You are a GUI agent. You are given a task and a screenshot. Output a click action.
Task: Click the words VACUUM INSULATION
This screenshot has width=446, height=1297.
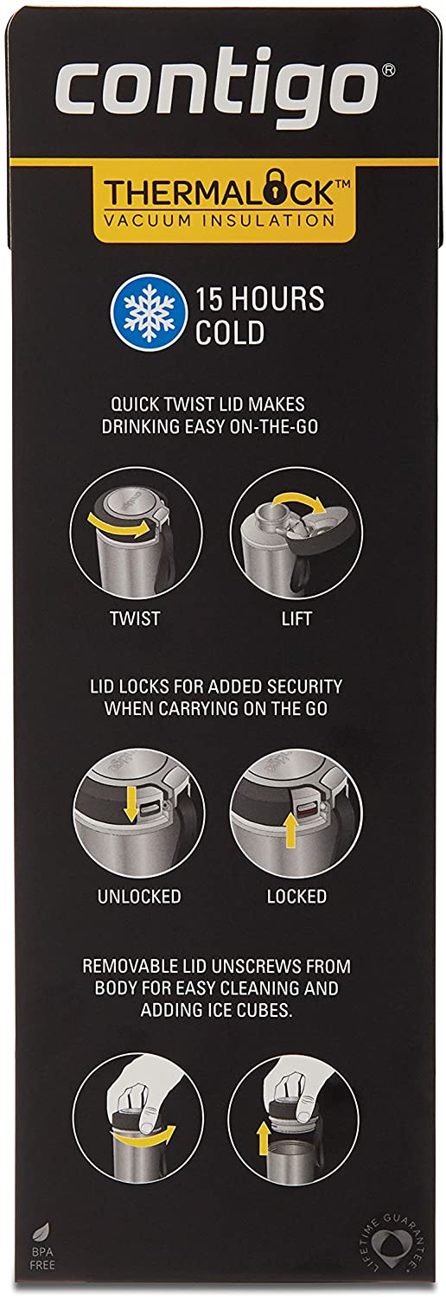[219, 220]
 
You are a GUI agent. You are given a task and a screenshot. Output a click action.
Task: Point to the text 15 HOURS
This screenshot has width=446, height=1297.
[259, 299]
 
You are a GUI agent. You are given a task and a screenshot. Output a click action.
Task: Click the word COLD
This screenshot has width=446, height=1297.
[230, 333]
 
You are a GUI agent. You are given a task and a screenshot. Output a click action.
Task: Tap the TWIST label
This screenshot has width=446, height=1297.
[135, 618]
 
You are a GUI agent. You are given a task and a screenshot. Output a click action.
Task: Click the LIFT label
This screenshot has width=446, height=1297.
[296, 618]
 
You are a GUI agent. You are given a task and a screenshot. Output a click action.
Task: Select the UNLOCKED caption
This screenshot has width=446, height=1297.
[139, 897]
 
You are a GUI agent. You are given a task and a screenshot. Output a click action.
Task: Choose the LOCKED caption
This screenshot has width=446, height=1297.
[296, 897]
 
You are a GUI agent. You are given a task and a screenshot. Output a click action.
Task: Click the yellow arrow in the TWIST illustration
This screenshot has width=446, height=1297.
[118, 527]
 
